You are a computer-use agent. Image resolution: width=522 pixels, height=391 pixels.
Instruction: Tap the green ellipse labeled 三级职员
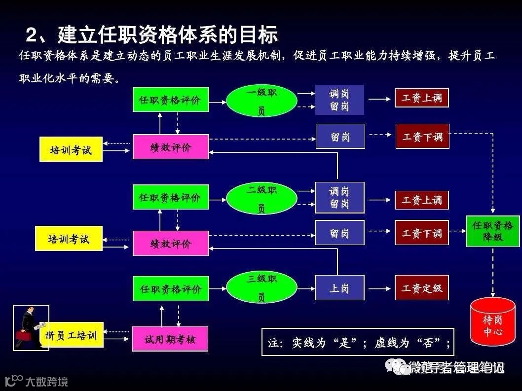[x=261, y=288]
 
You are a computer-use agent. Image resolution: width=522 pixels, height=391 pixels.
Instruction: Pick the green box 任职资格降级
[x=492, y=231]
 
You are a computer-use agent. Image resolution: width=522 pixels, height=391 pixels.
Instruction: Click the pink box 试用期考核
[x=170, y=339]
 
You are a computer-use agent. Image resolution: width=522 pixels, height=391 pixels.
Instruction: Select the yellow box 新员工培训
[x=72, y=335]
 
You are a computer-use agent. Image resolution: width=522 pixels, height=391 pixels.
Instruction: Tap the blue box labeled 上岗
[x=339, y=288]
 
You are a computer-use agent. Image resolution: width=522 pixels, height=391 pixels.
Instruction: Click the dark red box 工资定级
[x=422, y=288]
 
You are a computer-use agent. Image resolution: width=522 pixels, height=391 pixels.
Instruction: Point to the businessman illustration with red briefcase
[x=30, y=327]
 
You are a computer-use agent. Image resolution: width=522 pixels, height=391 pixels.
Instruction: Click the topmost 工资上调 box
[x=422, y=98]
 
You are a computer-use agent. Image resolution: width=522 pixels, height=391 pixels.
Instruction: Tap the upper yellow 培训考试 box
[x=71, y=149]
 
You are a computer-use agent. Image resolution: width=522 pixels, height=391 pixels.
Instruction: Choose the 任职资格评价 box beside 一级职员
[x=171, y=100]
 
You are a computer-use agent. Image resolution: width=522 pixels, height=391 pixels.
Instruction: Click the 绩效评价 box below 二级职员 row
[x=171, y=243]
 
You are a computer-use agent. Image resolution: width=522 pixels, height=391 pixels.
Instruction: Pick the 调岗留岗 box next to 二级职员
[x=339, y=198]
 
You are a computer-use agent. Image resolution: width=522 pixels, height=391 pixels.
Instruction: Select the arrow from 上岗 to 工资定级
[x=379, y=288]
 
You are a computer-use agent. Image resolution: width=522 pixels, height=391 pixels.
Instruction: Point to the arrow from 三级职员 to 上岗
[x=306, y=288]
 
